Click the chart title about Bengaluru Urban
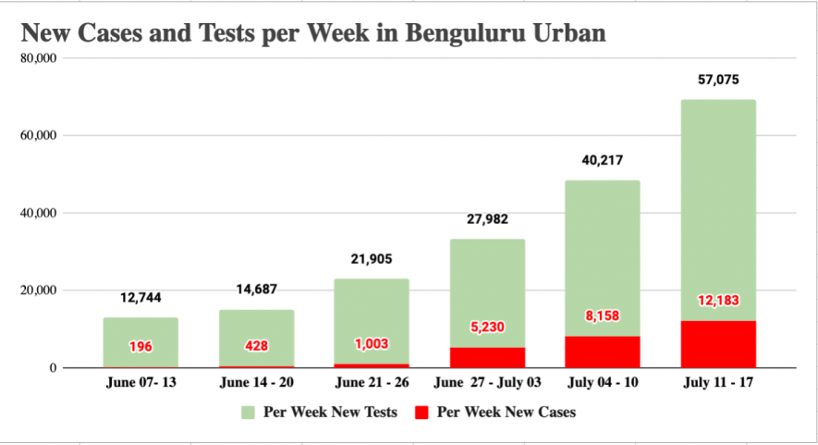313,34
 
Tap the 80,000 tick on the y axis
39,58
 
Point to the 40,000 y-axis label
39,213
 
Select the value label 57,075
718,80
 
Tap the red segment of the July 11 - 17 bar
718,344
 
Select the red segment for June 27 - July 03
487,357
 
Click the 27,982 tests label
487,219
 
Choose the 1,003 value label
372,343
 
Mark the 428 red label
256,346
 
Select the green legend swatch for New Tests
250,412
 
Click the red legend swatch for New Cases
422,412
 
